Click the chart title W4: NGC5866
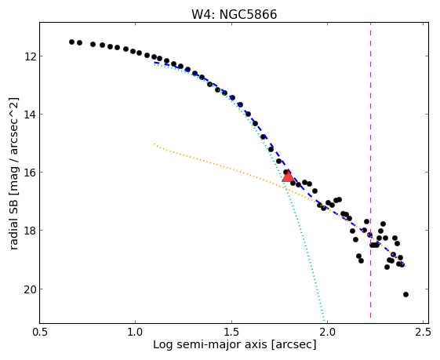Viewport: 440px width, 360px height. click(x=234, y=14)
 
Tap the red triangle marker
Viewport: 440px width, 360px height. click(x=288, y=176)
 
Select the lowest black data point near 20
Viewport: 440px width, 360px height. click(x=405, y=294)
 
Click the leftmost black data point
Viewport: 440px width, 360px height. click(x=71, y=42)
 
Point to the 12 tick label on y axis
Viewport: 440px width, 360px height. click(x=30, y=56)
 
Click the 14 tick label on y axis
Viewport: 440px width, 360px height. click(x=30, y=115)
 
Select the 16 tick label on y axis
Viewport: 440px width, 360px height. click(x=30, y=173)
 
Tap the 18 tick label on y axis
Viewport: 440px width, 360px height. click(x=30, y=231)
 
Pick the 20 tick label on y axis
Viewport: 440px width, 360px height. click(x=30, y=289)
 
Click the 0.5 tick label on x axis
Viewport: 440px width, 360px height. click(x=40, y=333)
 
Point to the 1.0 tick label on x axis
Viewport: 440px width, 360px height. click(x=136, y=333)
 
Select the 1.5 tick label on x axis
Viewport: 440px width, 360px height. click(x=232, y=333)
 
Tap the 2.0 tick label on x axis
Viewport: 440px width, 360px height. click(x=328, y=333)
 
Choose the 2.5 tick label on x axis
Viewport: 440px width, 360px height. click(x=424, y=333)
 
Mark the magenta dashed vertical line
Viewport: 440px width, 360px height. click(x=370, y=170)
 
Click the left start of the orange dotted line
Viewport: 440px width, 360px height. click(x=154, y=144)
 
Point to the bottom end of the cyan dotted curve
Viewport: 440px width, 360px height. click(x=325, y=322)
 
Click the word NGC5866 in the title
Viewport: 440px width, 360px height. click(x=248, y=14)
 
